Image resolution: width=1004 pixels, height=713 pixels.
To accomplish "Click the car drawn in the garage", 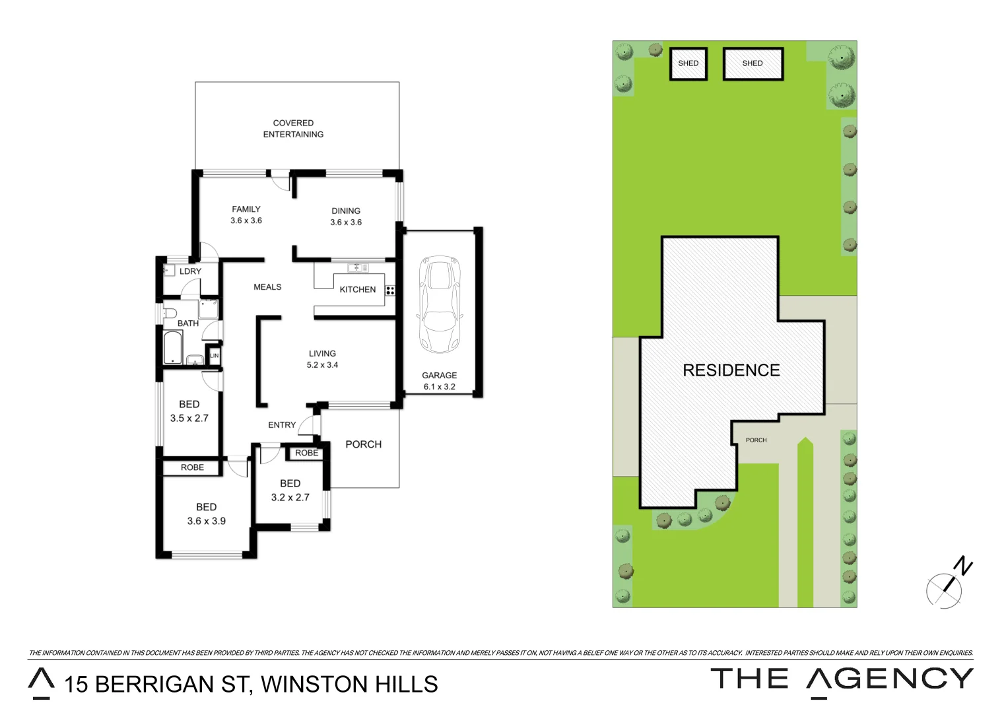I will click(x=440, y=304).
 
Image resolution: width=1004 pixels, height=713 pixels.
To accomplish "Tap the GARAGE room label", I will click(x=439, y=375).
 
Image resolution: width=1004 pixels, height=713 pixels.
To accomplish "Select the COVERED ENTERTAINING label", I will click(x=293, y=129).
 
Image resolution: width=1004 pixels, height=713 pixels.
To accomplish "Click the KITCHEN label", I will click(x=357, y=289).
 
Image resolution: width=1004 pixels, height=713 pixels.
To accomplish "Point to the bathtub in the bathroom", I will click(x=172, y=347).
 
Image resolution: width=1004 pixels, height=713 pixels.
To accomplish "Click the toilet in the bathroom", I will click(x=170, y=312).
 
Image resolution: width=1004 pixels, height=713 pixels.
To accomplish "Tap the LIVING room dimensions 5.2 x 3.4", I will click(x=322, y=364).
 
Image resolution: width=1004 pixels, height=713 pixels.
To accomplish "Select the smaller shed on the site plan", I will click(x=688, y=63).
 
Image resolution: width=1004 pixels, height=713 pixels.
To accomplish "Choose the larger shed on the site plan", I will click(x=753, y=63).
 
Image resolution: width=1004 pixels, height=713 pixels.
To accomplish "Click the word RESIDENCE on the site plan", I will click(x=731, y=370).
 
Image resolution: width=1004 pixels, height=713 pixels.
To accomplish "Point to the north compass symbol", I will click(x=948, y=584).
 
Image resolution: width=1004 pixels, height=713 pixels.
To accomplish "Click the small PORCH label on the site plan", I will click(x=756, y=440).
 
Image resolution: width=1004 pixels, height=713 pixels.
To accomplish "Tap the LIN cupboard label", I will click(x=214, y=356).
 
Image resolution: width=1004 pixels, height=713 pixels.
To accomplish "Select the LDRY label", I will click(x=190, y=271).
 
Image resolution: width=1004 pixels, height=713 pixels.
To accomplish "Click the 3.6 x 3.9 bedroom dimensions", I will click(x=206, y=521).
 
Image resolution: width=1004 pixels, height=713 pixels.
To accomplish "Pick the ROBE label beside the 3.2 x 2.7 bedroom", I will click(x=306, y=453).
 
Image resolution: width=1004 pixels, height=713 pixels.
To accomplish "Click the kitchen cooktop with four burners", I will click(x=390, y=290).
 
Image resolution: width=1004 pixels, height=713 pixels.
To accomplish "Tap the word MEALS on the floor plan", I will click(x=267, y=287).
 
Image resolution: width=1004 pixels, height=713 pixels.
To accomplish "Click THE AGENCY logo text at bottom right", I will click(x=842, y=680).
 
